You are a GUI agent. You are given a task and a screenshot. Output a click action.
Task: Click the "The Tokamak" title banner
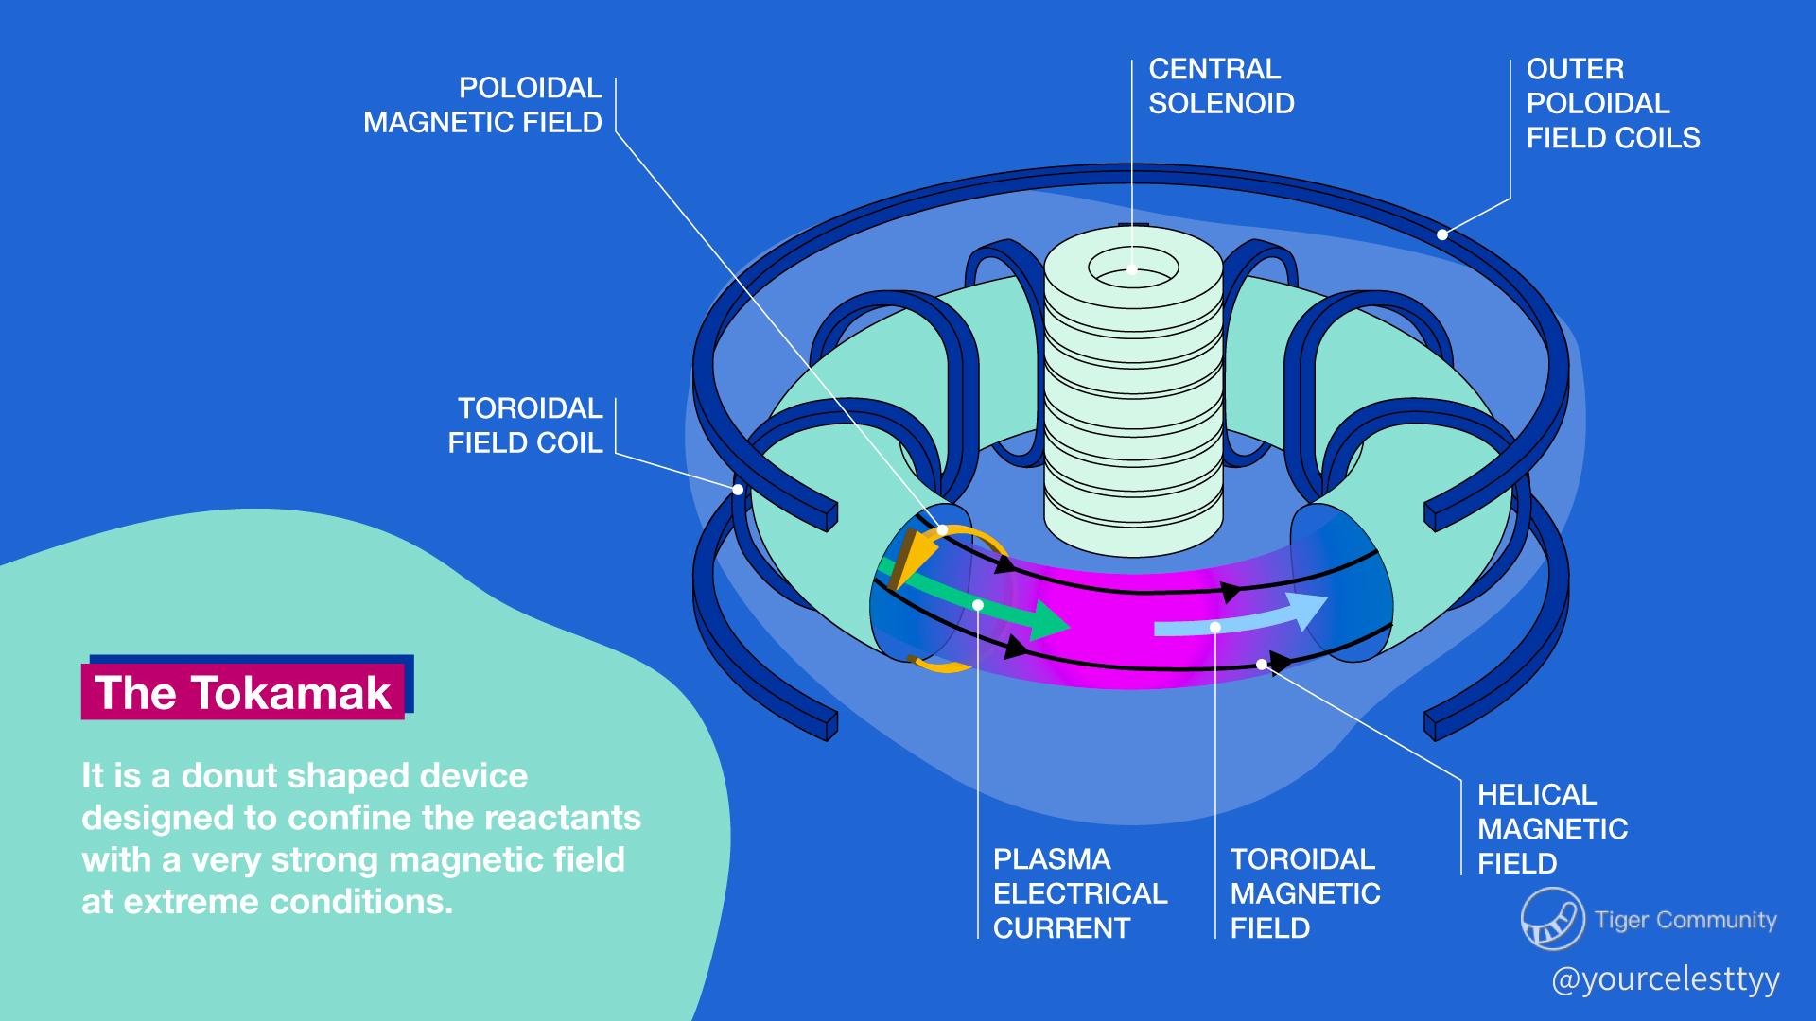click(x=243, y=692)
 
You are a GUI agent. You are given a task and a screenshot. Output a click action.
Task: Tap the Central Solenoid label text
click(x=1220, y=86)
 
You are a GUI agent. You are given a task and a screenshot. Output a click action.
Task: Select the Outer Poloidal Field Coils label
click(x=1612, y=103)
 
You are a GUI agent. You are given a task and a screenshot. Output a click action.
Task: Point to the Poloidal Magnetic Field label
click(x=483, y=105)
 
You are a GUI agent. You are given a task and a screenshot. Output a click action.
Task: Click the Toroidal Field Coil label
click(x=526, y=425)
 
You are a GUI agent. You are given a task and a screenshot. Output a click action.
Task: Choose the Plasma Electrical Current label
click(x=1079, y=893)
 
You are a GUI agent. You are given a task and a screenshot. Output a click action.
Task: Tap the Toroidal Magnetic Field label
click(x=1304, y=893)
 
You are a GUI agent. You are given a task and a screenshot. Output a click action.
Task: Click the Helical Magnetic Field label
click(x=1551, y=829)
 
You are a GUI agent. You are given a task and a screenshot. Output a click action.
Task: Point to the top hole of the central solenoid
click(x=1133, y=269)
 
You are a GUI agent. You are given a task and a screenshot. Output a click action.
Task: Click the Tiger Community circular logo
click(x=1552, y=918)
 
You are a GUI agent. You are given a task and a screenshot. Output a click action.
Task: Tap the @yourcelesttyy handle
click(x=1665, y=979)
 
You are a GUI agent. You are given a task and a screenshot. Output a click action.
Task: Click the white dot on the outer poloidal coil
click(x=1442, y=234)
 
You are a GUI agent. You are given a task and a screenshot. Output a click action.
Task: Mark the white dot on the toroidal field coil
click(x=738, y=489)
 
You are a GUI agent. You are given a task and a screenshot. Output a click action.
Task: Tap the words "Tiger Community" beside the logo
click(x=1685, y=920)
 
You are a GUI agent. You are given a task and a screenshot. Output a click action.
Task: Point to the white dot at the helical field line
click(x=1262, y=665)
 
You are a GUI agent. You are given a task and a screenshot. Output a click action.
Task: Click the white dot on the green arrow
click(x=978, y=604)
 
